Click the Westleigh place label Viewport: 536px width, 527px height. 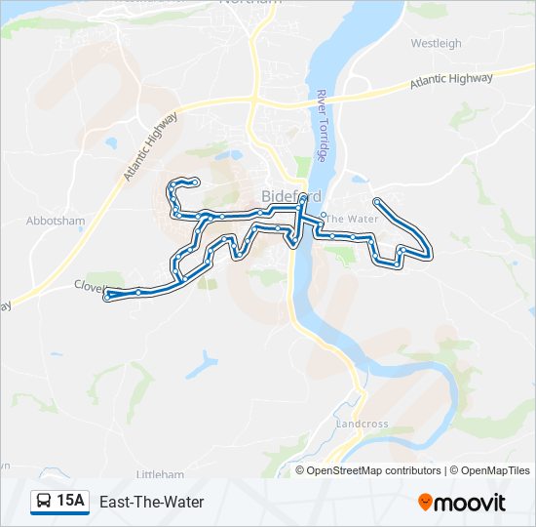point(436,44)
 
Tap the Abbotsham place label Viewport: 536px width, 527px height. point(57,222)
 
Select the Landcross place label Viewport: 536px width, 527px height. point(362,425)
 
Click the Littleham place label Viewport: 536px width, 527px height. point(160,474)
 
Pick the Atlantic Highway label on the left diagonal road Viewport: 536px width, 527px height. point(150,146)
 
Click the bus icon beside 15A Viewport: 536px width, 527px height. point(44,502)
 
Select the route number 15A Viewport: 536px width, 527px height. point(70,502)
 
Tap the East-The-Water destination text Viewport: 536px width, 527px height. point(151,502)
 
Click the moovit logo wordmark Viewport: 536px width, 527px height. point(471,503)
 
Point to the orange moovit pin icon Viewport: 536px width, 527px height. point(425,503)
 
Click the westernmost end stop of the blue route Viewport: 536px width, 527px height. point(108,295)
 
